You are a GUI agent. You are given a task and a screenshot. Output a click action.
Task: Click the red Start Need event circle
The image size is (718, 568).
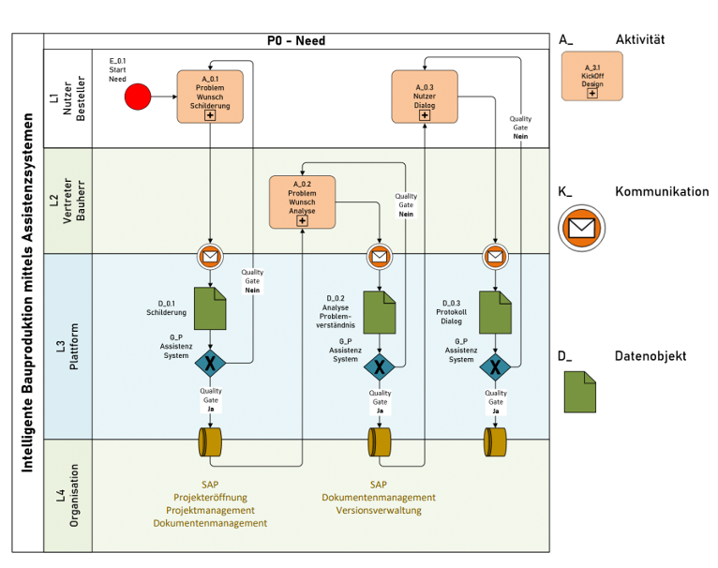tap(138, 97)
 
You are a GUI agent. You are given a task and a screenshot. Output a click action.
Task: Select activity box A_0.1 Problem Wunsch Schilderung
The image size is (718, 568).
tap(210, 97)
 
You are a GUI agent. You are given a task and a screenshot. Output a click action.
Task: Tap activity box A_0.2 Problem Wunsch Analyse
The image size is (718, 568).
tap(302, 202)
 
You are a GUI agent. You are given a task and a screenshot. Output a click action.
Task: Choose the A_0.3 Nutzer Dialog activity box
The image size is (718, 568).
tap(424, 97)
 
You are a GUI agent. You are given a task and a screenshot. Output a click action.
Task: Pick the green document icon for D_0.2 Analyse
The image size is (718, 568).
tap(379, 311)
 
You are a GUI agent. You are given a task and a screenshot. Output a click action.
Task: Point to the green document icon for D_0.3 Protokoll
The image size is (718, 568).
tap(495, 311)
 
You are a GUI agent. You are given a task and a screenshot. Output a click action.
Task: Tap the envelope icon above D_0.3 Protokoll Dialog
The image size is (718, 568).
tap(495, 256)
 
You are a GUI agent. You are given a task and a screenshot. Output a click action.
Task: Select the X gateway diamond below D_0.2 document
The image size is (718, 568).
tap(379, 366)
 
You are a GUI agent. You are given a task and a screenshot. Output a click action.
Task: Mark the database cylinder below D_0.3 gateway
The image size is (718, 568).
tap(495, 441)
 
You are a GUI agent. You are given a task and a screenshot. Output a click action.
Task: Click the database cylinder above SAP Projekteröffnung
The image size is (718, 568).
tap(210, 441)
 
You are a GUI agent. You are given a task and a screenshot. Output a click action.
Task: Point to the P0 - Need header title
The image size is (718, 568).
tap(296, 41)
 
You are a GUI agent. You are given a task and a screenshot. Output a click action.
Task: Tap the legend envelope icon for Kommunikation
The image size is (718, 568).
tap(582, 228)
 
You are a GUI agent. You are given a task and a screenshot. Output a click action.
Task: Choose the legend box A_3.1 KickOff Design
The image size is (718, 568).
tap(591, 76)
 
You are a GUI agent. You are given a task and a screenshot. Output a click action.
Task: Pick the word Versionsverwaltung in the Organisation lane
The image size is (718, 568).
tap(379, 511)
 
